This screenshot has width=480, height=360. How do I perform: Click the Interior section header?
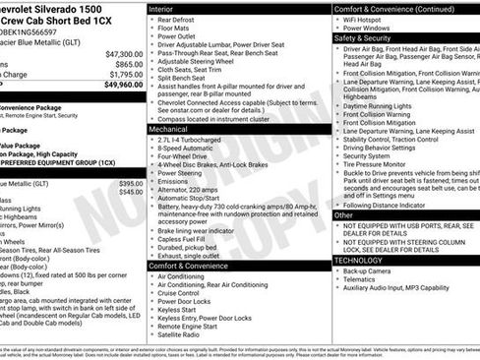pos(161,8)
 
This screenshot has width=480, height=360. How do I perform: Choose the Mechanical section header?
pos(169,129)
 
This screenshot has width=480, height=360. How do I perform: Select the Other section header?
pos(343,214)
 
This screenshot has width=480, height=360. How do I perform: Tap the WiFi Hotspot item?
pos(368,20)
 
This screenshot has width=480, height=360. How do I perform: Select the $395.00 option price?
pos(130,184)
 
